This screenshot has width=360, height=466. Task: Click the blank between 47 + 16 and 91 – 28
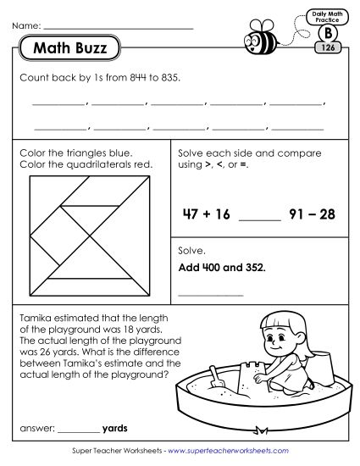click(x=259, y=219)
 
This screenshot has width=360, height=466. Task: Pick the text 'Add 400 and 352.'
click(x=220, y=267)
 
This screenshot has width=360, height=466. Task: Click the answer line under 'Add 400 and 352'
click(x=210, y=295)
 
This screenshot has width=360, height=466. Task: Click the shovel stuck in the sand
click(x=215, y=379)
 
